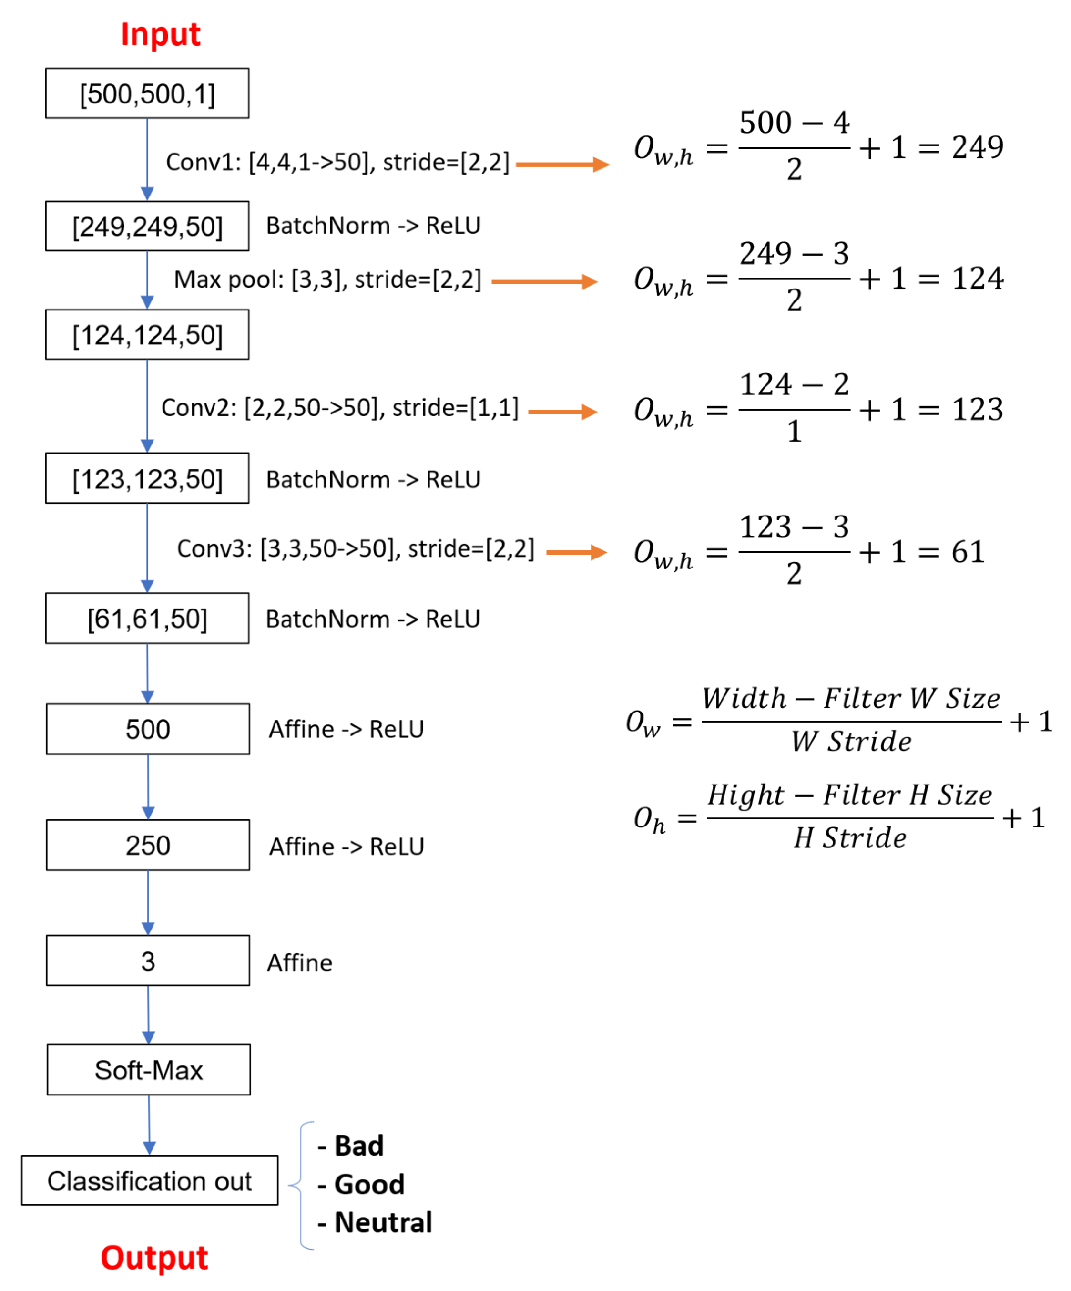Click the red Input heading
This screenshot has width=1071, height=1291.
[x=160, y=35]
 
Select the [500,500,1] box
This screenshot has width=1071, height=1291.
[x=147, y=93]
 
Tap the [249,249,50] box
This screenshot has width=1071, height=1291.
[x=147, y=226]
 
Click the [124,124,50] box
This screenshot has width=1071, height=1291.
[x=147, y=335]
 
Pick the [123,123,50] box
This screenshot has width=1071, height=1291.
[x=147, y=479]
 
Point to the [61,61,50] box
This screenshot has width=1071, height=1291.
[x=147, y=619]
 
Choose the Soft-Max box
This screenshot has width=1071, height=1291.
[x=149, y=1070]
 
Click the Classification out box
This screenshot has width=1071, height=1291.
[x=149, y=1181]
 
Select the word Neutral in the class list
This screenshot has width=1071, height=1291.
[x=383, y=1223]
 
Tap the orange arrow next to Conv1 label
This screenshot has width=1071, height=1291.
[x=562, y=165]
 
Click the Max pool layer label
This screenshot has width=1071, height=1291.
[x=327, y=280]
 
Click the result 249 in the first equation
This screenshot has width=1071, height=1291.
[x=977, y=147]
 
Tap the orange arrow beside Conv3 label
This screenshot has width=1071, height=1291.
[x=576, y=552]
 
